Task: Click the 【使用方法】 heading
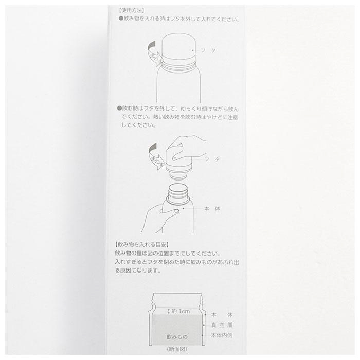click(132, 11)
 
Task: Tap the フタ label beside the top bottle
click(208, 50)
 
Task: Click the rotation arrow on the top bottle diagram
click(155, 53)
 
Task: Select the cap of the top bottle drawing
click(179, 47)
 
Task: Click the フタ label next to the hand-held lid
click(212, 159)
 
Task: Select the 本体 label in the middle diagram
click(212, 209)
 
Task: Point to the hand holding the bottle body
click(158, 218)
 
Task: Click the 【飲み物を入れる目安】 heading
click(142, 244)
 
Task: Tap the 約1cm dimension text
click(181, 311)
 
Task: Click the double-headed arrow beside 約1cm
click(169, 311)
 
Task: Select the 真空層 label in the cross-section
click(222, 325)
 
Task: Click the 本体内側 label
click(222, 335)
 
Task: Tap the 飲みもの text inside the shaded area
click(177, 337)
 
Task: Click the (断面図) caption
click(177, 349)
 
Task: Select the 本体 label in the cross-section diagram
click(222, 315)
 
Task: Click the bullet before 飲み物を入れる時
click(121, 19)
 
